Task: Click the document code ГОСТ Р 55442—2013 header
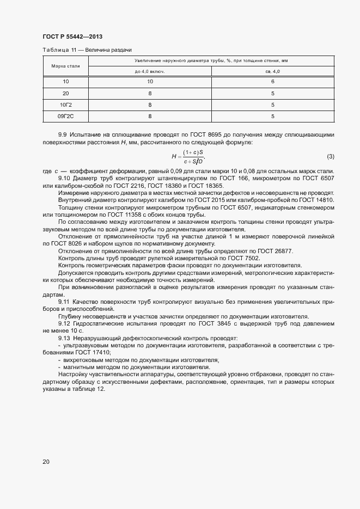(72, 37)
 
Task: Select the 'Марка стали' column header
(66, 66)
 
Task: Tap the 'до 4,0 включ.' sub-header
(150, 71)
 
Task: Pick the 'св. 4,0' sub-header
(272, 71)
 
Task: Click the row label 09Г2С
(66, 116)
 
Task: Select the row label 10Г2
(66, 105)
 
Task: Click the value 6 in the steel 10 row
(272, 82)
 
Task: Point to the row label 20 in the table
(66, 93)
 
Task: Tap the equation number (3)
(330, 157)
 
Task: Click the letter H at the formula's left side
(174, 157)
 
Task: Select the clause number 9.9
(62, 134)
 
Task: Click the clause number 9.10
(64, 179)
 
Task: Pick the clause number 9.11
(64, 301)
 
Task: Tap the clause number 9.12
(64, 323)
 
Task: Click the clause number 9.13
(64, 338)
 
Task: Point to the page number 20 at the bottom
(46, 462)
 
